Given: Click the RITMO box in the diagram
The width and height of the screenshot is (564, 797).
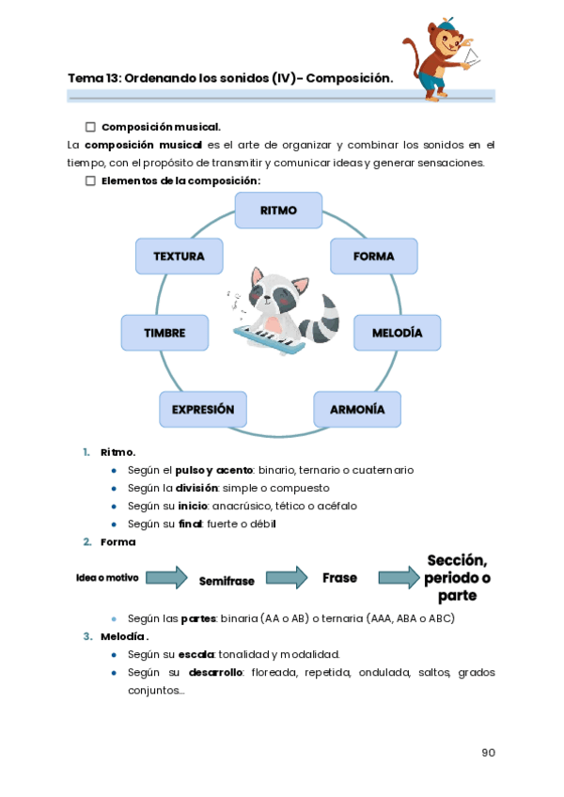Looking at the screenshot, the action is click(278, 211).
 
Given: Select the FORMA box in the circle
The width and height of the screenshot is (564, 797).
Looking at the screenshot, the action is click(373, 256).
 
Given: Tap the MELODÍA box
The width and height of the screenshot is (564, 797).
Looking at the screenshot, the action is click(397, 333).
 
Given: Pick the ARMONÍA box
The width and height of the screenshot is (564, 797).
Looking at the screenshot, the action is click(357, 410).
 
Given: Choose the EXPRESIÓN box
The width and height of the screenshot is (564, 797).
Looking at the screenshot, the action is click(203, 410).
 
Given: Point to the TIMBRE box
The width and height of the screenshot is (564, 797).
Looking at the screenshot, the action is click(164, 333).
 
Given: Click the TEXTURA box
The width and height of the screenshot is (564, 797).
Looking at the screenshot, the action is click(179, 256).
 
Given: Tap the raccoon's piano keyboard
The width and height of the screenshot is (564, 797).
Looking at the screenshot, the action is click(271, 340).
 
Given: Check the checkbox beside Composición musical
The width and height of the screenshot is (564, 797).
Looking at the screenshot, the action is click(91, 127).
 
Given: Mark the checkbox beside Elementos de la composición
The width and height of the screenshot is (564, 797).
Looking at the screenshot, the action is click(91, 180).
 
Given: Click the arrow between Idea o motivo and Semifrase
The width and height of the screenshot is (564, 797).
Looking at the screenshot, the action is click(166, 577).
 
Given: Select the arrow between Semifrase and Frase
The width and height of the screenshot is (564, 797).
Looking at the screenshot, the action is click(287, 577).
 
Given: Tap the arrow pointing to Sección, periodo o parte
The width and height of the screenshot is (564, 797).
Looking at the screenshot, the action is click(399, 578).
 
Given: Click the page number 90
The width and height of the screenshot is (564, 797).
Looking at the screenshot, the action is click(488, 752).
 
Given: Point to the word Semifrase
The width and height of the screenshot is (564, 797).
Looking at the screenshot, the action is click(227, 581).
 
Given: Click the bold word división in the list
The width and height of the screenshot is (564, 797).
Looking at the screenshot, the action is click(197, 488).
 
